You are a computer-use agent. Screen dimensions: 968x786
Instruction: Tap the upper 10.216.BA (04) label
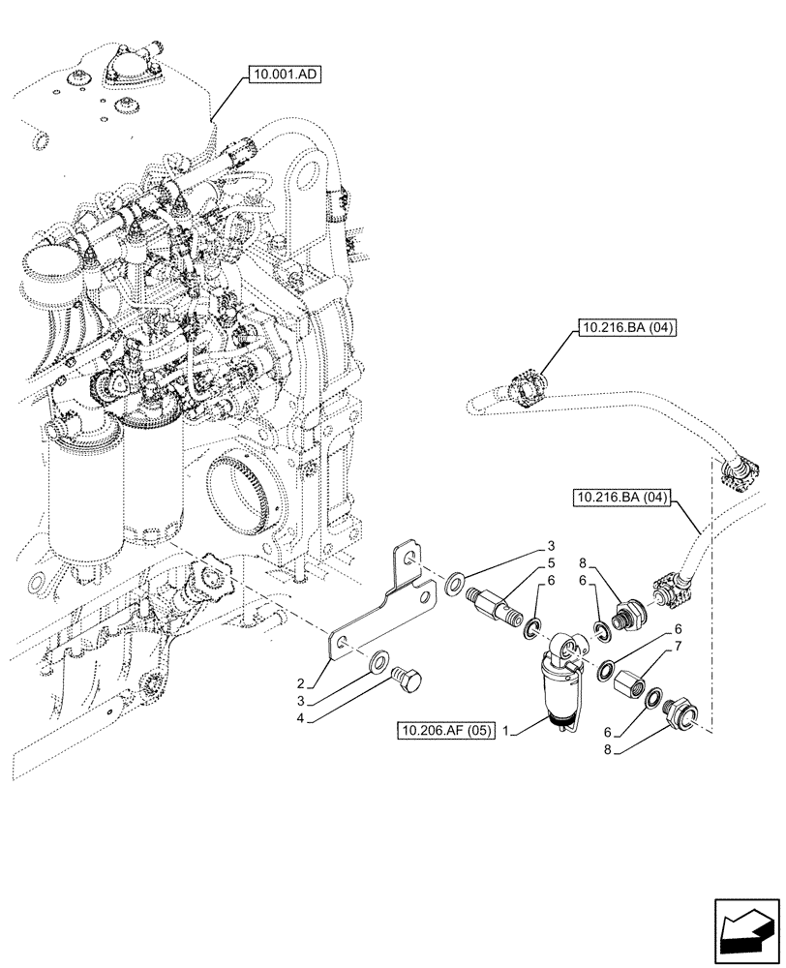pyautogui.click(x=628, y=328)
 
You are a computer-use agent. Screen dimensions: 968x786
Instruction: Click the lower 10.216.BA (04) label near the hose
pyautogui.click(x=621, y=499)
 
